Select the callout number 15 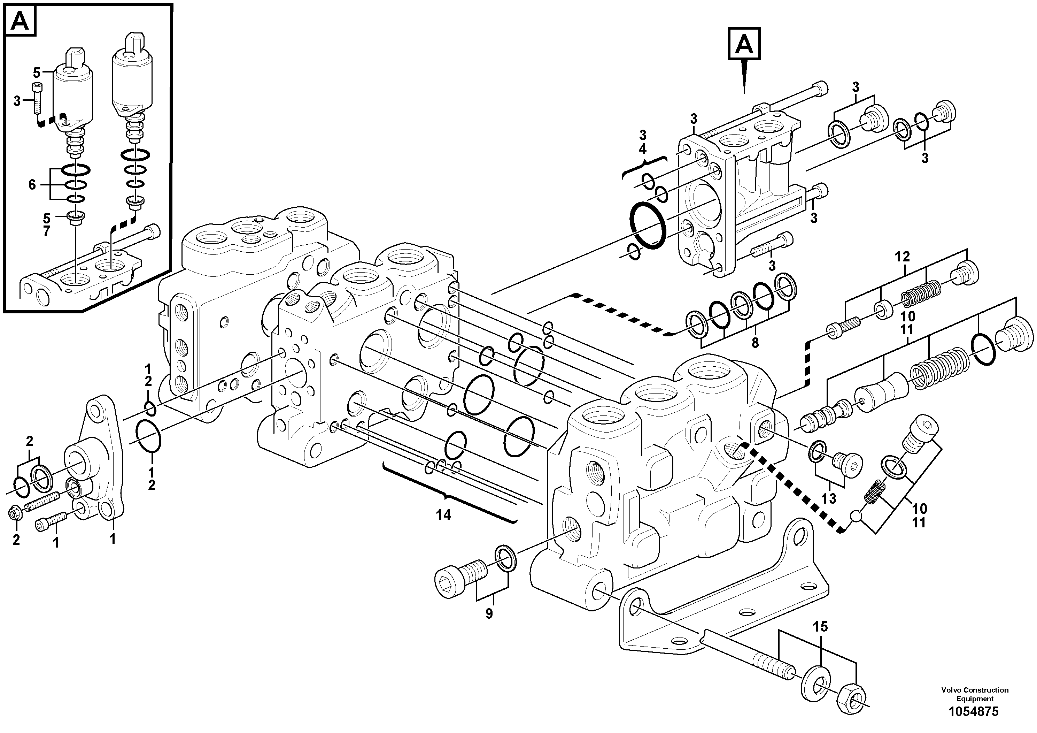click(x=821, y=627)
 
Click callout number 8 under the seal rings click(x=755, y=343)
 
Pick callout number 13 click(x=829, y=498)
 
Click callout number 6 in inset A click(x=32, y=184)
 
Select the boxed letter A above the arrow click(x=744, y=44)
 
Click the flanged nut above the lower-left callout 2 click(x=14, y=513)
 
